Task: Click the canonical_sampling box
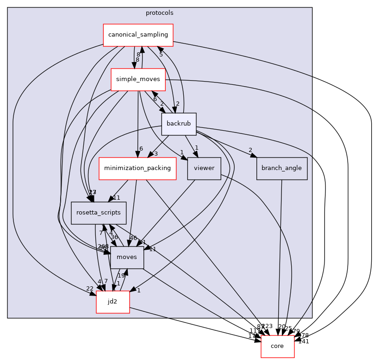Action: click(x=138, y=35)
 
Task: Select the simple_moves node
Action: click(x=138, y=79)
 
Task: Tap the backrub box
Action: click(x=179, y=124)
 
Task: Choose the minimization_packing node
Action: click(x=137, y=169)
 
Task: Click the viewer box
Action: click(x=204, y=169)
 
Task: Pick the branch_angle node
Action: click(x=281, y=169)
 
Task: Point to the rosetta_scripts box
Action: click(x=99, y=213)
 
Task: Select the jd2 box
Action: click(x=112, y=302)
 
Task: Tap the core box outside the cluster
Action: click(x=278, y=346)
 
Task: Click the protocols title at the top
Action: click(x=159, y=13)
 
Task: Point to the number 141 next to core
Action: click(x=304, y=341)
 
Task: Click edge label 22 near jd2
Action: click(x=89, y=289)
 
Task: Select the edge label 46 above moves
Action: click(x=133, y=238)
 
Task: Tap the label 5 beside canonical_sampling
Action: click(x=161, y=54)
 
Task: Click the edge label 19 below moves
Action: click(x=121, y=276)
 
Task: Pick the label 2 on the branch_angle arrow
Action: click(x=250, y=150)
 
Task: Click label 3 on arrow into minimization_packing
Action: click(x=156, y=154)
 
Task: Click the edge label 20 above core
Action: click(x=281, y=326)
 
